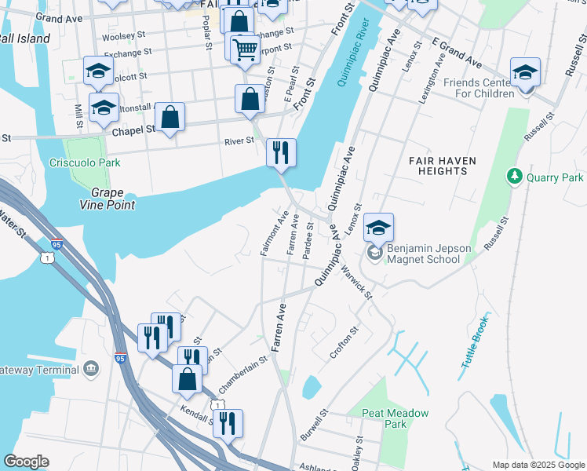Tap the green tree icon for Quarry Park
[x=516, y=176]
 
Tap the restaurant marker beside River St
[x=281, y=151]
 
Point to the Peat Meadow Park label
[x=396, y=418]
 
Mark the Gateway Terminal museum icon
[x=91, y=369]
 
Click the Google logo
[x=26, y=462]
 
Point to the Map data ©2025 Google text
[x=538, y=465]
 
